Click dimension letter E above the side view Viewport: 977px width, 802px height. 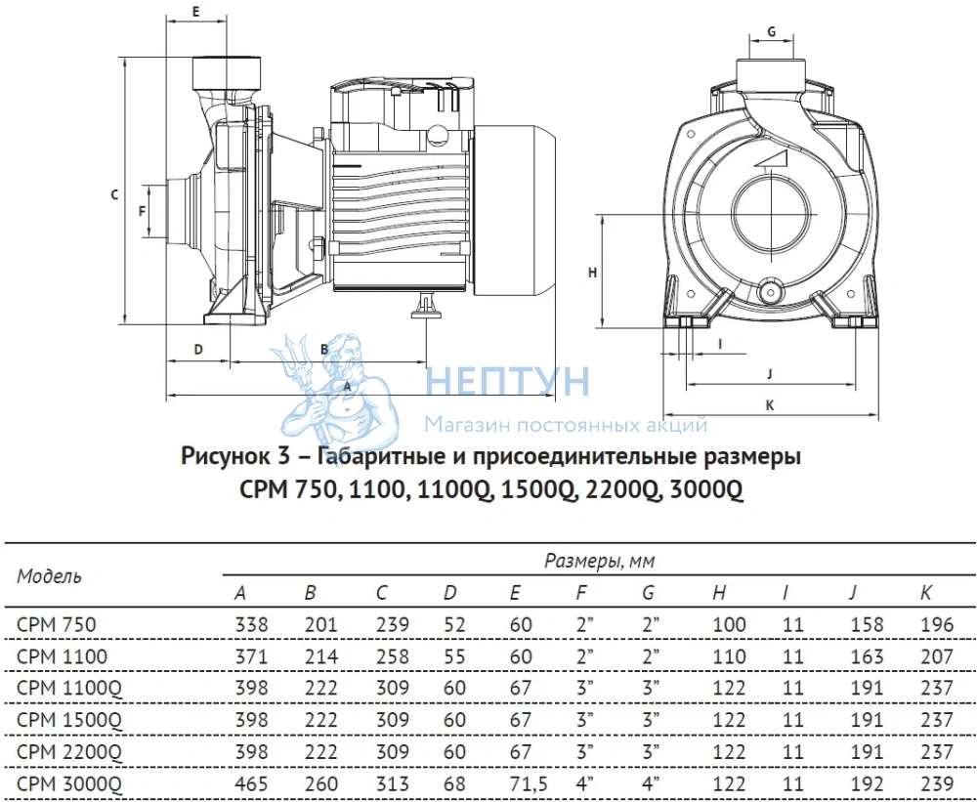[x=195, y=11]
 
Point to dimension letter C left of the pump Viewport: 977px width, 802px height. [x=114, y=194]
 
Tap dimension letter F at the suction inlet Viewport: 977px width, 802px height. [x=142, y=211]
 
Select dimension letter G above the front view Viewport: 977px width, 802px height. [x=772, y=31]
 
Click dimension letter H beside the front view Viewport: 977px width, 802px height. [x=593, y=273]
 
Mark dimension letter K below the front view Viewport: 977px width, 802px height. [x=770, y=405]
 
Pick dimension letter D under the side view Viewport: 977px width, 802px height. [x=198, y=349]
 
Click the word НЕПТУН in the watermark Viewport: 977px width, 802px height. [x=507, y=381]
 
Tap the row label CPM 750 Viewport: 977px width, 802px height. [x=57, y=624]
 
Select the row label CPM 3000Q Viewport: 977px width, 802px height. [x=69, y=783]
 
